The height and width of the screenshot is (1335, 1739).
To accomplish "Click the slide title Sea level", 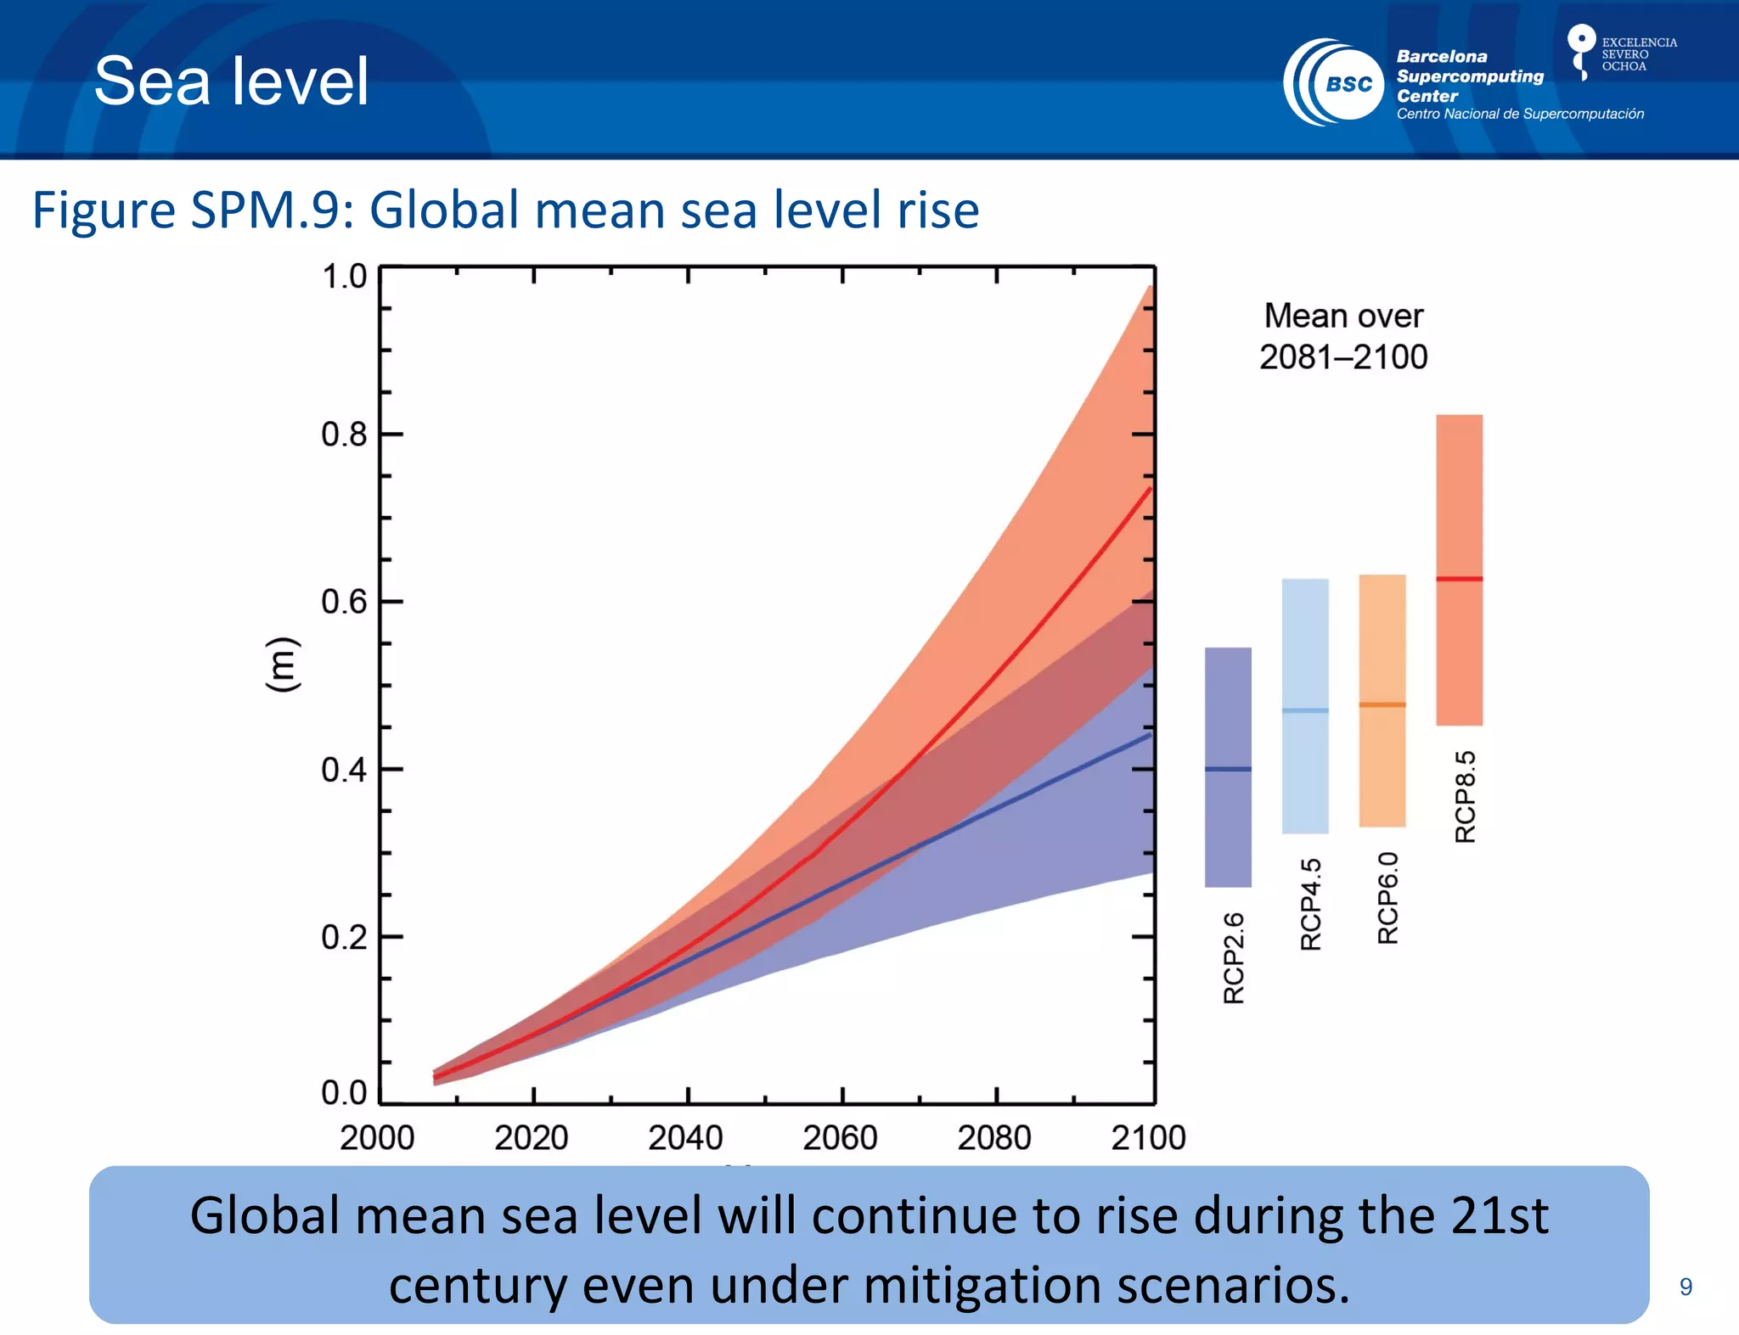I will [231, 81].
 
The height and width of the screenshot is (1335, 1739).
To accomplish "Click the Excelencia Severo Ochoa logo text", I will [1638, 54].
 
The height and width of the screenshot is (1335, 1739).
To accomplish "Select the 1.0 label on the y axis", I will [344, 277].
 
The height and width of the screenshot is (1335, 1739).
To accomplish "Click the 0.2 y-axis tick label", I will [344, 938].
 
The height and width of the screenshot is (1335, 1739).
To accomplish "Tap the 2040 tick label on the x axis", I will [685, 1137].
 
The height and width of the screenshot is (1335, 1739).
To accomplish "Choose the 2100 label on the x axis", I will [1148, 1137].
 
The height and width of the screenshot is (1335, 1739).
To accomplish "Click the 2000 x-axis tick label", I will [377, 1137].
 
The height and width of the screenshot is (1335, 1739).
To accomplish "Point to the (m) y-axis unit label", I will [283, 664].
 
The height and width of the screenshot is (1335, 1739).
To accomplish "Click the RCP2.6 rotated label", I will [1234, 958].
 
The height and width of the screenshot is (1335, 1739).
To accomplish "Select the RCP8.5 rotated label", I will [1466, 796].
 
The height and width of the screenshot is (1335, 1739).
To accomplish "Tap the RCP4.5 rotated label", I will [1311, 904].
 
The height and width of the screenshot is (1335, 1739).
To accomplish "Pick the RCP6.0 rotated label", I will [1387, 898].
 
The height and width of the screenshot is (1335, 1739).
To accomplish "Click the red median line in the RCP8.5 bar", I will [1459, 579].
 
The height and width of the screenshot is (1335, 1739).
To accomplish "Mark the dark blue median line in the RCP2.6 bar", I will [1228, 769].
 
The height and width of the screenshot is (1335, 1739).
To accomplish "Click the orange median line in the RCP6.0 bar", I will [1382, 704].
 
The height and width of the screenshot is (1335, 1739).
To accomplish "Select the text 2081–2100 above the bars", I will [1343, 357].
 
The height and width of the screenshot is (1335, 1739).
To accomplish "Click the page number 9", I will [1686, 1287].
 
